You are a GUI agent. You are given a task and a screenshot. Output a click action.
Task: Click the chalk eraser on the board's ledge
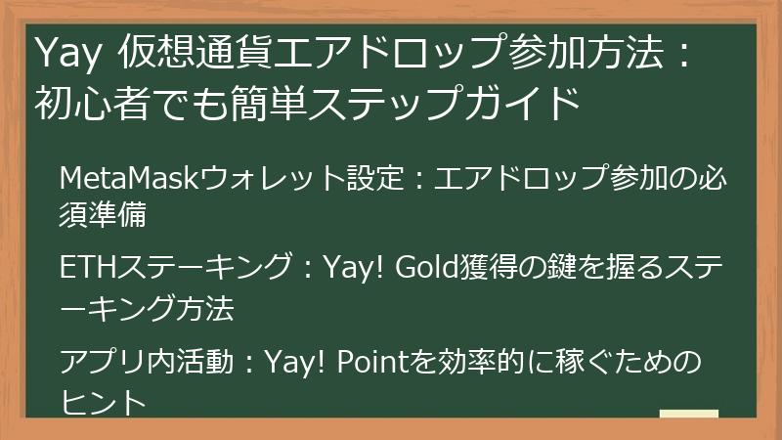[x=689, y=418]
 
